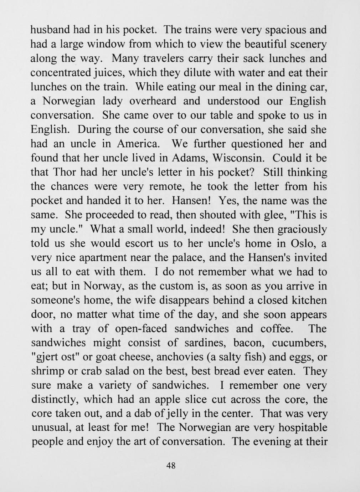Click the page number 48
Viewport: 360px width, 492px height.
pos(171,466)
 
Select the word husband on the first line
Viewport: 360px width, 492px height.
pos(48,30)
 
